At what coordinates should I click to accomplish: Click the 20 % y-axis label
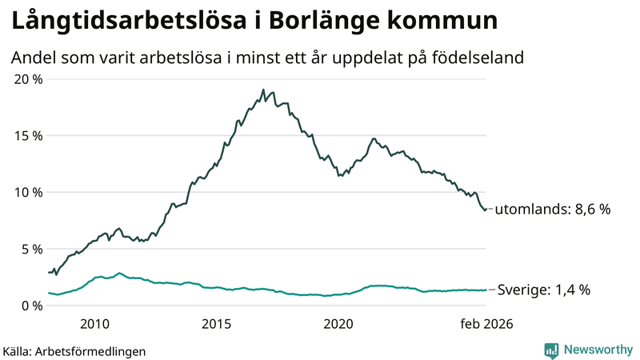tap(29, 78)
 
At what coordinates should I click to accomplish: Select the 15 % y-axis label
tap(29, 135)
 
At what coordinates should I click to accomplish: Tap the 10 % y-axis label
tap(29, 192)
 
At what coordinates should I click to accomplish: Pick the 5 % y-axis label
tap(32, 249)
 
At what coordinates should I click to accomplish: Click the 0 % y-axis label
tap(32, 306)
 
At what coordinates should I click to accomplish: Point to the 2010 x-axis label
tap(94, 324)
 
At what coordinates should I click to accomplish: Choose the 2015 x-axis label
tap(216, 324)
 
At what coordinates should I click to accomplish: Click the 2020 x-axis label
tap(338, 324)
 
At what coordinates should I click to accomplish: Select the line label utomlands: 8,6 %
tap(553, 210)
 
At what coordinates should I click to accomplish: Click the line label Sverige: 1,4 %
tap(544, 290)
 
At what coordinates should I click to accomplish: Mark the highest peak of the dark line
tap(263, 90)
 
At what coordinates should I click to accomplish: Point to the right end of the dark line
tap(486, 209)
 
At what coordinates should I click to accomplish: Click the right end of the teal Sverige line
tap(486, 290)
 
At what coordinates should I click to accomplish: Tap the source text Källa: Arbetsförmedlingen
tap(74, 350)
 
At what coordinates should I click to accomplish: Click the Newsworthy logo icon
tap(551, 350)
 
